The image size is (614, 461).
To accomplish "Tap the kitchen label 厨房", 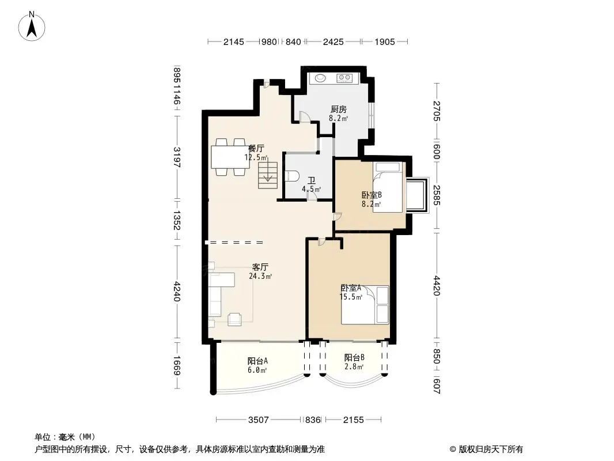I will coord(338,109).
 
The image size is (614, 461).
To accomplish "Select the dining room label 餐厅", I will coord(256,148).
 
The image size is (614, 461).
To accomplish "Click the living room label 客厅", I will coord(260,267).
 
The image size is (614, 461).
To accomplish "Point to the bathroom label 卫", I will coord(311,180).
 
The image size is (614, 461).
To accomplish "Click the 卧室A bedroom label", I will coord(351,288).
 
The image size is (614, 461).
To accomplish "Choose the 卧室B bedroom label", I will coord(372,195).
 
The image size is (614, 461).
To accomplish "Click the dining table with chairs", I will coord(229,157).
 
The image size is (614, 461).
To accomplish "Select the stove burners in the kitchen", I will coord(345,78).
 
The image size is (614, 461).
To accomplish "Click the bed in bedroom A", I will coord(365,305).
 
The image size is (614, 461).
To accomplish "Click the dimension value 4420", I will coord(437,286).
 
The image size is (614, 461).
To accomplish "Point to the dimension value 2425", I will coord(333,41).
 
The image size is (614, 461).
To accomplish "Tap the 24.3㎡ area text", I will coord(260,276).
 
